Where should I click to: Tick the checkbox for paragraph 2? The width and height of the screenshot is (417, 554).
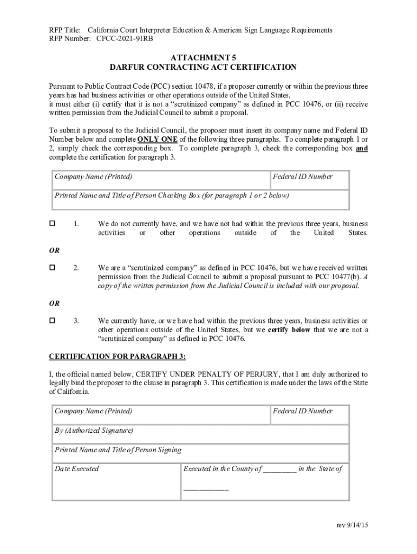[53, 267]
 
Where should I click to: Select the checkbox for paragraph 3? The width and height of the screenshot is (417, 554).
[53, 320]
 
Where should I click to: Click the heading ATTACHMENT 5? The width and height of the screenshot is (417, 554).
[203, 57]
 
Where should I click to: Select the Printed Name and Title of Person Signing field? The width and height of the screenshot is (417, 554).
[200, 454]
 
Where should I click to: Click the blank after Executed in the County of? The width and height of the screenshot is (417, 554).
[279, 470]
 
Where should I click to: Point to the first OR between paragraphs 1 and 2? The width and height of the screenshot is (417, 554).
[55, 250]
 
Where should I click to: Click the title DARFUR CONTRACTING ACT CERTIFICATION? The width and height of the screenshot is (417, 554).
[203, 67]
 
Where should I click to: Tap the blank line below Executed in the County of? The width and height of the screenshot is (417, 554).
[206, 489]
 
